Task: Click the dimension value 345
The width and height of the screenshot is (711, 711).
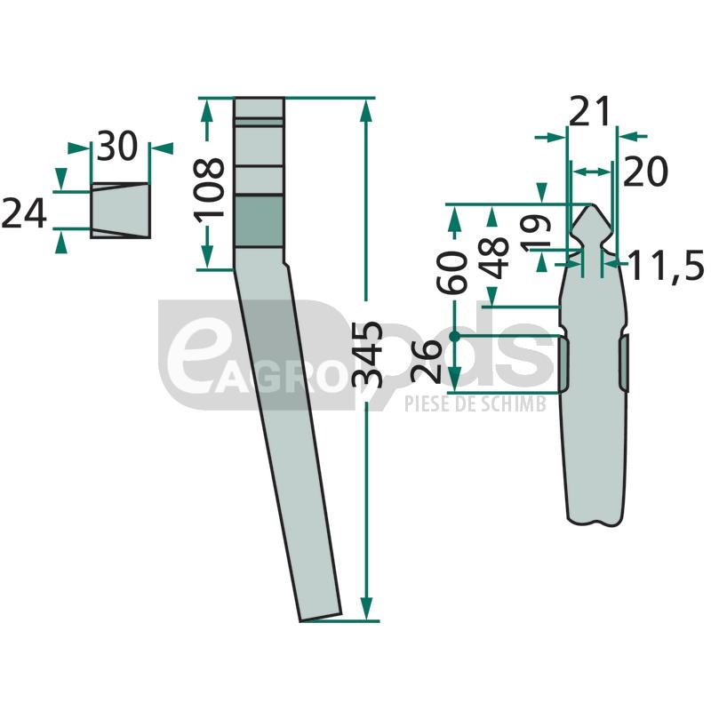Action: pyautogui.click(x=367, y=355)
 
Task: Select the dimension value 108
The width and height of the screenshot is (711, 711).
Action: pyautogui.click(x=210, y=188)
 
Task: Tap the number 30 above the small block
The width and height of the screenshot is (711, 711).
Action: pyautogui.click(x=117, y=146)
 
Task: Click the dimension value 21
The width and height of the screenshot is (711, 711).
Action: pyautogui.click(x=589, y=112)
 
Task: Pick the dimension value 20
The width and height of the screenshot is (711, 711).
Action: pyautogui.click(x=646, y=172)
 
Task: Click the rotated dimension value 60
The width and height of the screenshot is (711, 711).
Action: pyautogui.click(x=451, y=272)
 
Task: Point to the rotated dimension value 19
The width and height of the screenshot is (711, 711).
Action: pyautogui.click(x=535, y=233)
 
